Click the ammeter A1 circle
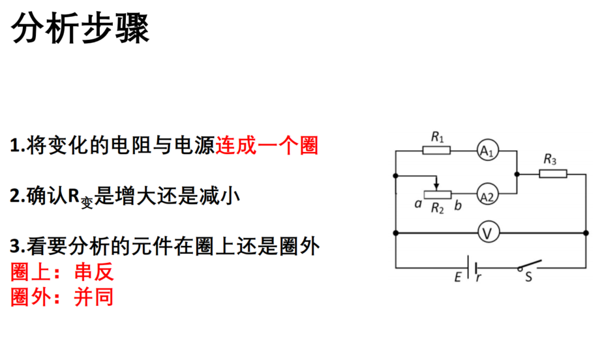click(x=488, y=151)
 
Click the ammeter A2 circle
click(x=488, y=194)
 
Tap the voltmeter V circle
click(x=488, y=233)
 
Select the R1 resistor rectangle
click(x=436, y=151)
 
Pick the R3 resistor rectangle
click(x=553, y=174)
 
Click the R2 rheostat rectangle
click(x=438, y=195)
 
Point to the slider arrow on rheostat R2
click(x=436, y=183)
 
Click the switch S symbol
click(x=530, y=265)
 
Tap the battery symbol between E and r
click(x=472, y=267)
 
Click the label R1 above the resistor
click(x=437, y=136)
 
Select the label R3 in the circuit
click(x=550, y=159)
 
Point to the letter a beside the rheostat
click(x=418, y=204)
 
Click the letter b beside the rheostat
click(x=458, y=205)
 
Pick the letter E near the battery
click(x=458, y=277)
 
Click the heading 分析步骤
click(x=80, y=28)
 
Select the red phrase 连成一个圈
click(x=267, y=145)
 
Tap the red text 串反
click(x=94, y=272)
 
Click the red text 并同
click(x=94, y=297)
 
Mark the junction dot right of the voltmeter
click(x=586, y=233)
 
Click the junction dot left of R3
click(x=517, y=174)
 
